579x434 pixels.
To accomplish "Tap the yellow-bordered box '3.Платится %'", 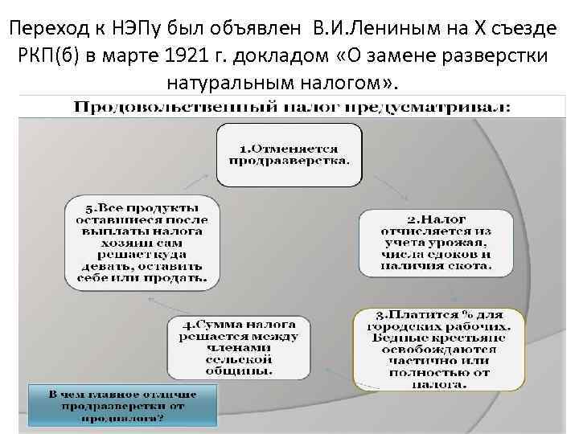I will click(x=437, y=350).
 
